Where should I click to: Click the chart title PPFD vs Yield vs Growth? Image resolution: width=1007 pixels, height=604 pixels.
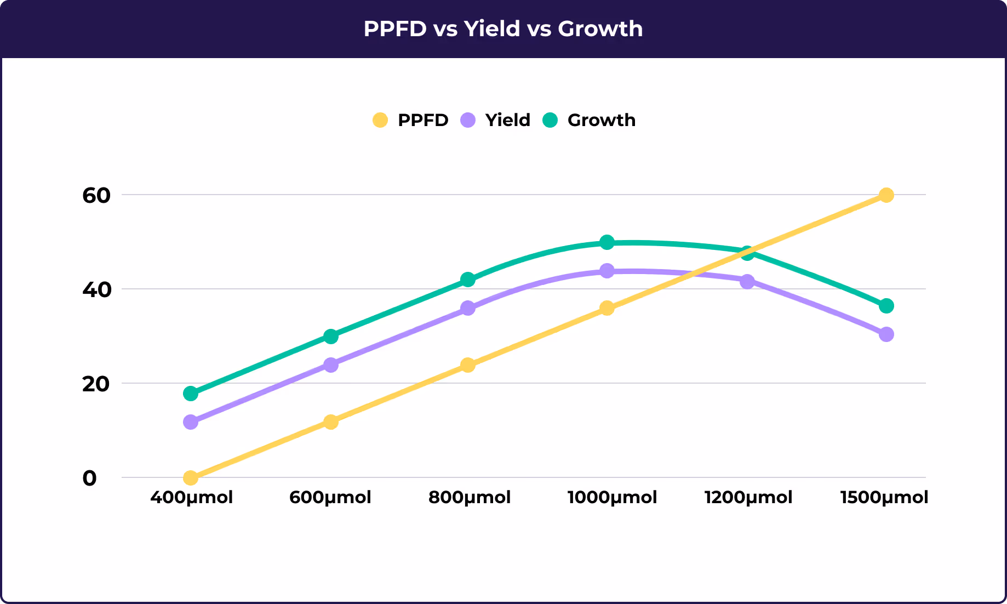(503, 29)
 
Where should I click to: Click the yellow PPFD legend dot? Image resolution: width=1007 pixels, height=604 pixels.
(380, 120)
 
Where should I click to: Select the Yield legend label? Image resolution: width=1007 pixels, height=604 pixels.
(507, 120)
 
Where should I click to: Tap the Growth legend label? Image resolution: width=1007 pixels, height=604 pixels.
(601, 120)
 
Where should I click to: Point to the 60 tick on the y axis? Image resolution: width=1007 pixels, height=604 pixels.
(96, 196)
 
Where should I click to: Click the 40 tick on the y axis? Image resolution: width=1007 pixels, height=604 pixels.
(96, 290)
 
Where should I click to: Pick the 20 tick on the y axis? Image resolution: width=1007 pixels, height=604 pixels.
(96, 384)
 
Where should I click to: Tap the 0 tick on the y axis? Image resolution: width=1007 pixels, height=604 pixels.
(89, 478)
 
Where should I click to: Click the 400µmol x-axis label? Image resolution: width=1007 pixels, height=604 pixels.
(191, 498)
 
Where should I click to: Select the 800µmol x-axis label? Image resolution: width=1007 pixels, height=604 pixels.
(469, 498)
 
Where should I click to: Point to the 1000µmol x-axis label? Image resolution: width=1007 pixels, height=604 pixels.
(612, 498)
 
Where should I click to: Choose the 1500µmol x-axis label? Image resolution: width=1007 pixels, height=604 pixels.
(884, 498)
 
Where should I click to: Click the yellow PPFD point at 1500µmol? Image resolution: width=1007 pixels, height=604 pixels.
(886, 195)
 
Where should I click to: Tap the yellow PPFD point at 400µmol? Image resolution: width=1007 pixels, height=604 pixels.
(191, 478)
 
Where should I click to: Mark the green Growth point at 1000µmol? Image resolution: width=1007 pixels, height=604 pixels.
(607, 242)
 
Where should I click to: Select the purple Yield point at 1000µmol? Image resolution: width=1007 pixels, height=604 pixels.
(607, 271)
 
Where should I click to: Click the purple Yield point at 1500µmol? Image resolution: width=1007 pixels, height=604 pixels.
(886, 334)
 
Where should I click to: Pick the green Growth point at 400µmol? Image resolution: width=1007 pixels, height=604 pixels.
(191, 394)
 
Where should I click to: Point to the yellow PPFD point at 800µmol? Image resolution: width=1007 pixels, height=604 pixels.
(467, 365)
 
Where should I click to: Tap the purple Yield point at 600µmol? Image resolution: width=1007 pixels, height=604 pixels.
(330, 365)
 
